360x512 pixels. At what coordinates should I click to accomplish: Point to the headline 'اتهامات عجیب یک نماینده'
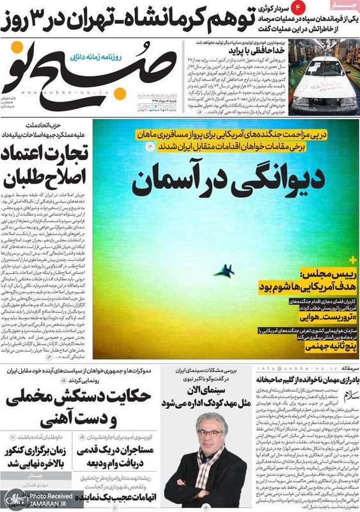coord(118,496)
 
